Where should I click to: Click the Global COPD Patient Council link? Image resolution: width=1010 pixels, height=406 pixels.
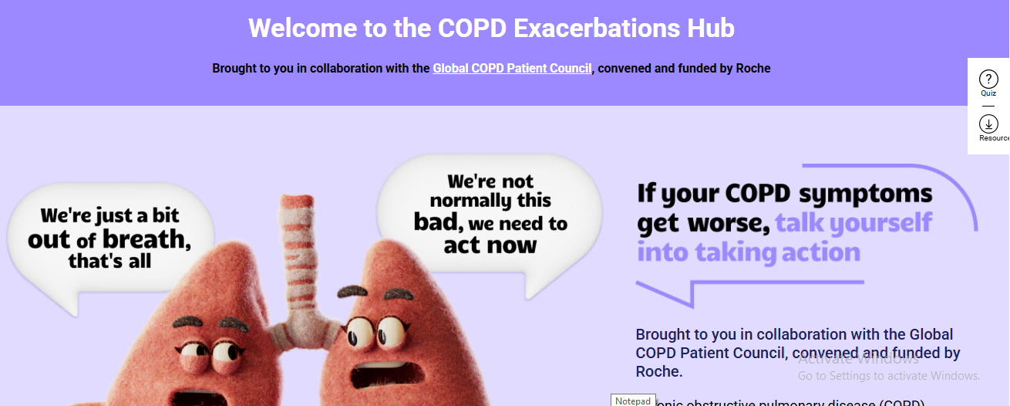pyautogui.click(x=512, y=69)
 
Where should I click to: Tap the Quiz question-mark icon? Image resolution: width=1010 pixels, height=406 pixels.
pyautogui.click(x=988, y=79)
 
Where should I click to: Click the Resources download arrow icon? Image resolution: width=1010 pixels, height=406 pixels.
pyautogui.click(x=988, y=123)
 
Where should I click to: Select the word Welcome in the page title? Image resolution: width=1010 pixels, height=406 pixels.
pyautogui.click(x=301, y=29)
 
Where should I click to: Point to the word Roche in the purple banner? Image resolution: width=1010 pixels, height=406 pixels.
pyautogui.click(x=753, y=69)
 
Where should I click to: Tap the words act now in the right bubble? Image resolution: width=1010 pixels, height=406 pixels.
pyautogui.click(x=490, y=246)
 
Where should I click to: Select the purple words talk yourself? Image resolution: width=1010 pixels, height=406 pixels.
pyautogui.click(x=853, y=223)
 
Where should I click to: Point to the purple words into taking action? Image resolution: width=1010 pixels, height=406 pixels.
pyautogui.click(x=748, y=252)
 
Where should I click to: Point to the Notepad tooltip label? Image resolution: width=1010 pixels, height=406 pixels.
pyautogui.click(x=633, y=401)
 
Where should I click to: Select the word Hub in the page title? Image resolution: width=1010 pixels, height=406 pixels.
pyautogui.click(x=711, y=29)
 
